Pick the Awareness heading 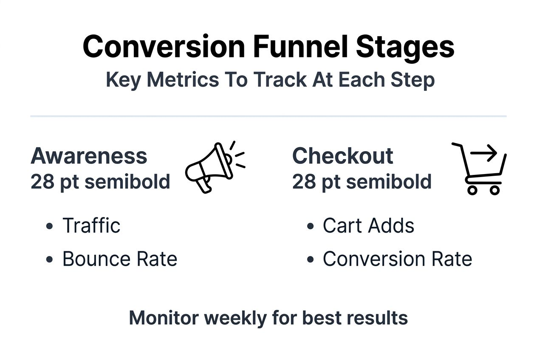click(x=89, y=156)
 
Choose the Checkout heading click(x=342, y=156)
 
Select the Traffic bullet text click(x=91, y=225)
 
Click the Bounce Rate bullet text click(x=120, y=259)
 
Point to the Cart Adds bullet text click(x=368, y=225)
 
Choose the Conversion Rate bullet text click(x=397, y=259)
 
